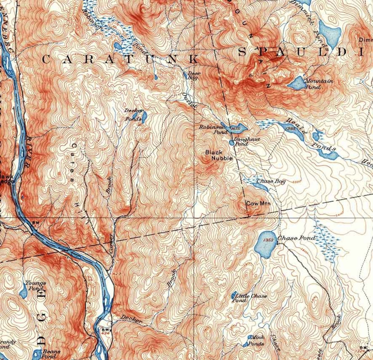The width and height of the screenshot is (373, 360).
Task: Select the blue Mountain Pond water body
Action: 297,83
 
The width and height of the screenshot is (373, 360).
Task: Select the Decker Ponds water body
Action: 144,117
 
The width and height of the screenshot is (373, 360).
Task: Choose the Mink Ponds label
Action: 256,340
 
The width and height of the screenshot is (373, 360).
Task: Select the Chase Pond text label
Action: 296,238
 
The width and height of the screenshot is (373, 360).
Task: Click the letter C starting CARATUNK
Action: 46,60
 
